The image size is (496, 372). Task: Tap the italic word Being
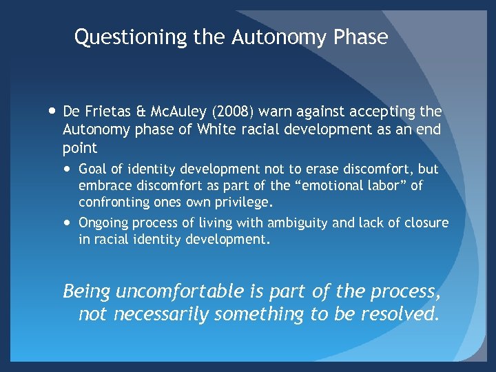click(x=87, y=291)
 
